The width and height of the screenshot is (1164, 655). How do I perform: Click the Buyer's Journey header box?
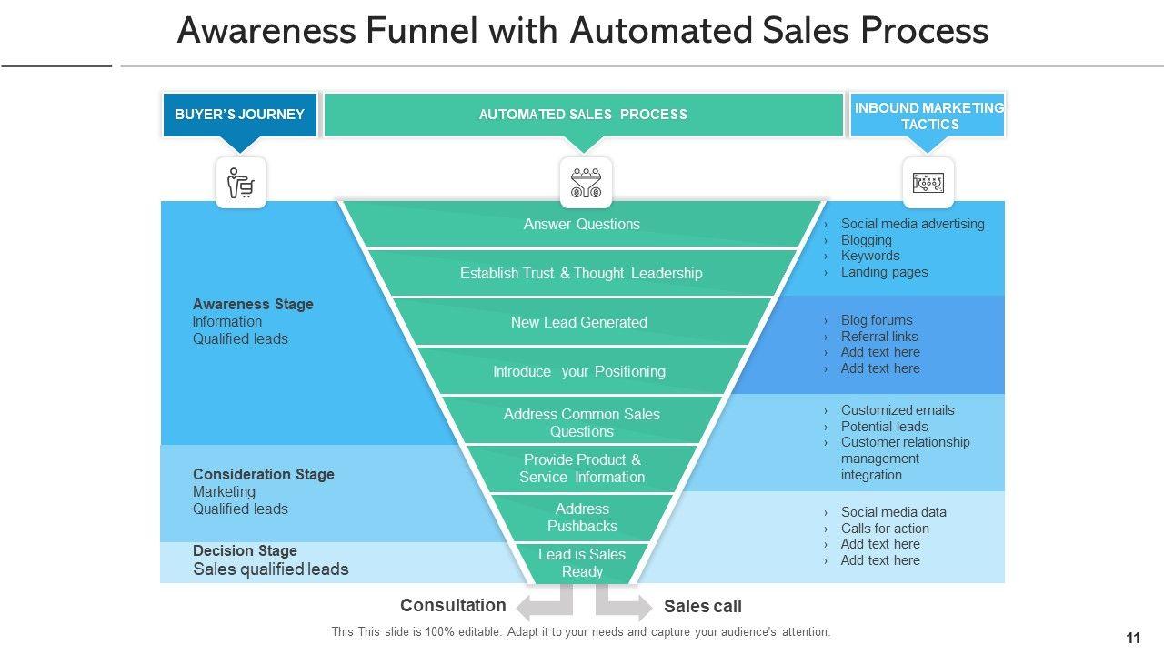point(239,115)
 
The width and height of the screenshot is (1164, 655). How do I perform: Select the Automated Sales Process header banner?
point(583,115)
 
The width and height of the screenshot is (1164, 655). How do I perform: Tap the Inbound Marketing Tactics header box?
point(928,116)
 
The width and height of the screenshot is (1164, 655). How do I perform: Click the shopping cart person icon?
point(241,183)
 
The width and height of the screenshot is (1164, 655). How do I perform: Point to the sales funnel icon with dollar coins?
point(586,183)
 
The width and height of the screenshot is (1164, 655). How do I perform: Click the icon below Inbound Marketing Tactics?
point(928,183)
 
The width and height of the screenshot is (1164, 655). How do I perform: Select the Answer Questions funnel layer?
point(582,225)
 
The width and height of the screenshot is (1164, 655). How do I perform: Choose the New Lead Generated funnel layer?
point(579,323)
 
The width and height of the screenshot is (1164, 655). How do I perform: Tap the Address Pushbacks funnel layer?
point(582,518)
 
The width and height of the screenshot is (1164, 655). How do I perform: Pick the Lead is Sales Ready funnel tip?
point(582,563)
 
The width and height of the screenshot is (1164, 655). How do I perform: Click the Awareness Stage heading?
point(253,305)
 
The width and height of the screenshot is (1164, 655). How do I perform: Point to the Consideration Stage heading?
point(264,475)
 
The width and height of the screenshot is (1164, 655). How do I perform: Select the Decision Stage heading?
point(245,551)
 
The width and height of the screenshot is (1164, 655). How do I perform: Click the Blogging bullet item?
point(866,240)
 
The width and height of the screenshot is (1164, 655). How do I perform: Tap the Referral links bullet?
point(879,337)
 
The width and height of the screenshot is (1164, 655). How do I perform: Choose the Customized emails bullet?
point(898,410)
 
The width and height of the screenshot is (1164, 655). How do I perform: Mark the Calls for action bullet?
point(885,529)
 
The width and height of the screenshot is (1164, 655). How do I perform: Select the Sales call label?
point(703,607)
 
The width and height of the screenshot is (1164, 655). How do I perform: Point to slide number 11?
point(1133,639)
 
